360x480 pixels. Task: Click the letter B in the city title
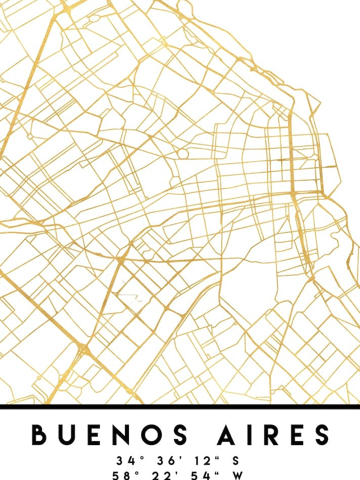click(41, 435)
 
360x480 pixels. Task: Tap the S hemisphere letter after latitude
click(235, 461)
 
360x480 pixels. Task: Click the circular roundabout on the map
click(183, 153)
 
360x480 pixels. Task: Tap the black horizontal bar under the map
click(180, 407)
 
